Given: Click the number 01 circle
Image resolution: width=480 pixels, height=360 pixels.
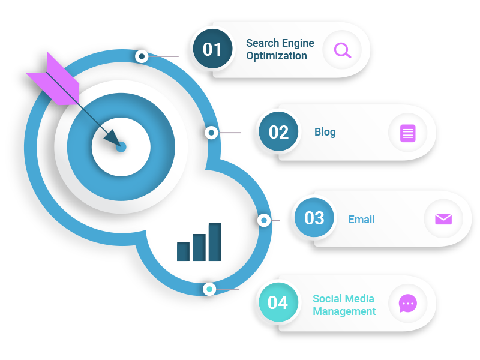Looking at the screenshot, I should click(x=212, y=49).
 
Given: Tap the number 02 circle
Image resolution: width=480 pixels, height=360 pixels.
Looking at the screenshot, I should click(x=278, y=132).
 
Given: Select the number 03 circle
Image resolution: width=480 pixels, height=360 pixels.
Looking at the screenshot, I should click(x=314, y=218).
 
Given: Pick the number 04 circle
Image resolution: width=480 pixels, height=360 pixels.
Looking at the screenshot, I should click(x=278, y=302).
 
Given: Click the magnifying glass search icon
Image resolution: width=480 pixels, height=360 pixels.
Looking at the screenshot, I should click(x=343, y=50).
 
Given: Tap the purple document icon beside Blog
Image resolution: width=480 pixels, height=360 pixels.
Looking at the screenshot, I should click(x=408, y=133).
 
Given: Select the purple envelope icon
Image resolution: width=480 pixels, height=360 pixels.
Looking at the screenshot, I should click(x=443, y=219).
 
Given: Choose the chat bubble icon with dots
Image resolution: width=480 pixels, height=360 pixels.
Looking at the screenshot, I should click(x=407, y=303).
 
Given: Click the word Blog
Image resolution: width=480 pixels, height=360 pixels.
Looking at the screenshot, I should click(x=325, y=132).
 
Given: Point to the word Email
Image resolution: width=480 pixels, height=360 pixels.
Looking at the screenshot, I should click(x=361, y=219).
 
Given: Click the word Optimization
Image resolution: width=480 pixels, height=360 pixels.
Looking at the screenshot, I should click(x=277, y=56).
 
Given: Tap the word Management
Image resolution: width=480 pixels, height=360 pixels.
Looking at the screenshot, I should click(x=344, y=311).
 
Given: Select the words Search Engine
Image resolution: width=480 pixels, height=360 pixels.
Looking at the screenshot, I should click(x=280, y=43).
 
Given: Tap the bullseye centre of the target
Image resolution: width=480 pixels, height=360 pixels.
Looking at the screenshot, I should click(x=121, y=146).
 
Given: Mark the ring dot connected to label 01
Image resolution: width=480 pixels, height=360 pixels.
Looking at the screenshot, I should click(x=142, y=56).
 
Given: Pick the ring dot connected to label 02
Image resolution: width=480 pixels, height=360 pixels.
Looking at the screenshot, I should click(x=211, y=133).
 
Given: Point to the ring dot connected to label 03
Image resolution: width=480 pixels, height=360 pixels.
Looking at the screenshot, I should click(x=264, y=220).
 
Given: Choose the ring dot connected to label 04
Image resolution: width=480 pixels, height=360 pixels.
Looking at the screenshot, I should click(x=209, y=289).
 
